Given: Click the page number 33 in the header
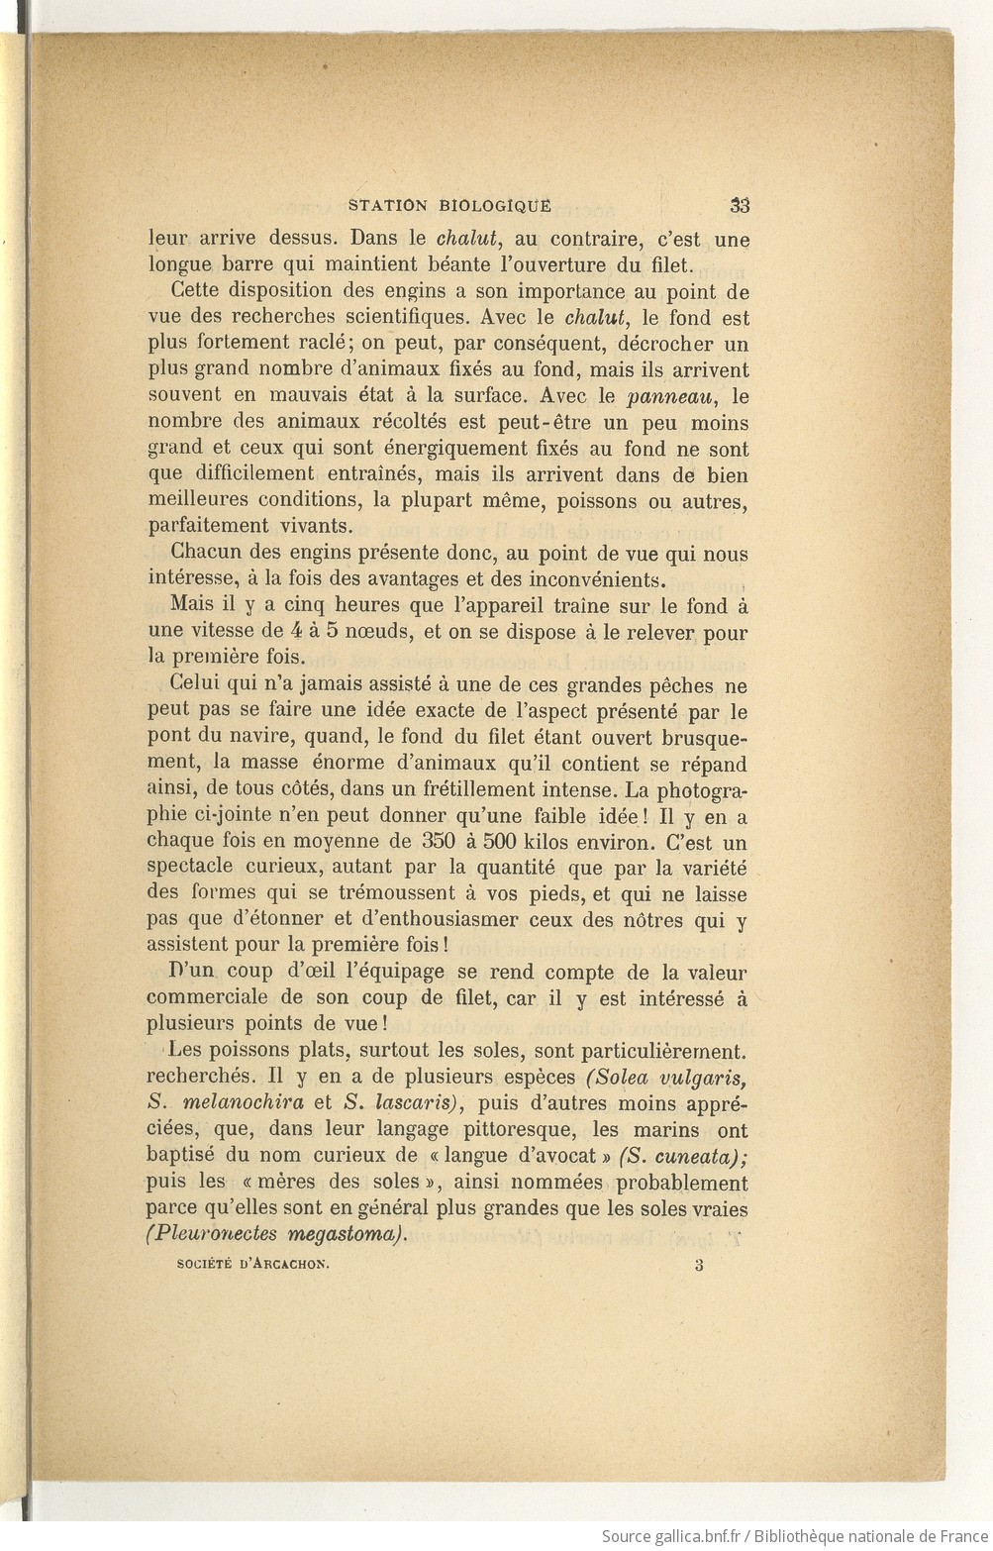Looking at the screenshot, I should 740,206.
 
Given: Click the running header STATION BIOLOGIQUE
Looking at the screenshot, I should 449,206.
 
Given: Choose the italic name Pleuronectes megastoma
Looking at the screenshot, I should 277,1234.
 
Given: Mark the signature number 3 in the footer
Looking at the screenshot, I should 699,1265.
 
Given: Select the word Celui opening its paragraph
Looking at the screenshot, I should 194,685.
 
